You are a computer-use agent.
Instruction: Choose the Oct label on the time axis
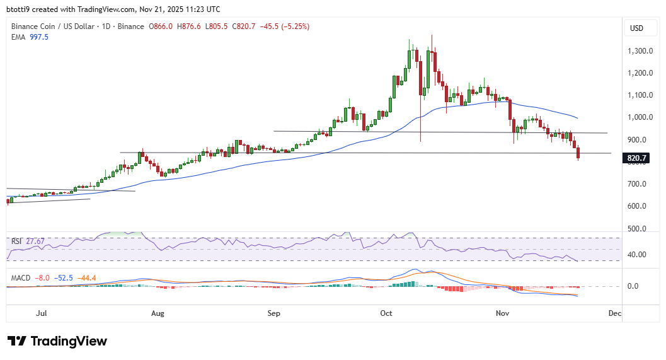pyautogui.click(x=387, y=313)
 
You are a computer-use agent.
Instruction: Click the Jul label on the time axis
pyautogui.click(x=42, y=313)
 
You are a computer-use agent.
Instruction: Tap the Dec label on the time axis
pyautogui.click(x=615, y=313)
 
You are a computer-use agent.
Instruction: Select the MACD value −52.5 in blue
pyautogui.click(x=63, y=277)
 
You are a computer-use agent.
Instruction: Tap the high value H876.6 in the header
pyautogui.click(x=190, y=26)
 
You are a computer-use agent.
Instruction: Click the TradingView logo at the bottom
pyautogui.click(x=57, y=341)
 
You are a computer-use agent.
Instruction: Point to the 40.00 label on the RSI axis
pyautogui.click(x=638, y=255)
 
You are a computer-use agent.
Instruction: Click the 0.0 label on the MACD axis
pyautogui.click(x=633, y=286)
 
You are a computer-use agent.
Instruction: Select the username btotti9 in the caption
pyautogui.click(x=20, y=9)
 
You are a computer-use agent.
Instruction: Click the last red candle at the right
pyautogui.click(x=578, y=153)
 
